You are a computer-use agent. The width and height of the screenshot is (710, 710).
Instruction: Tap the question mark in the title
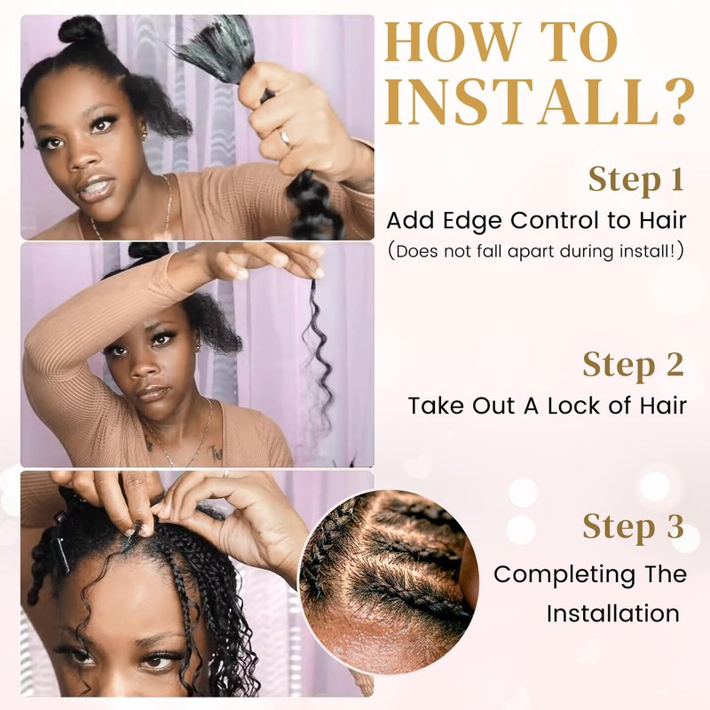[x=679, y=102]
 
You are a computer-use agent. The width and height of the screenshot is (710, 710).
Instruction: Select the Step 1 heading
[x=635, y=180]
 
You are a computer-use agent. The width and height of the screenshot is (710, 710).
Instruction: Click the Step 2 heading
[x=633, y=365]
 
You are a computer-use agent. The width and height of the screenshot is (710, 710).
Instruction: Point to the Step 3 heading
[x=633, y=526]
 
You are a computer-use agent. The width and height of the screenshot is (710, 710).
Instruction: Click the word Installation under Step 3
[x=612, y=614]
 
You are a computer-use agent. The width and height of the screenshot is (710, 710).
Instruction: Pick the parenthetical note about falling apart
[x=536, y=251]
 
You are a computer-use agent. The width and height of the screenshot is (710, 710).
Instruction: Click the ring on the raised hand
[x=285, y=138]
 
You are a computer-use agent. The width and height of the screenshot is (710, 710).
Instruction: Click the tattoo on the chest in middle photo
[x=215, y=454]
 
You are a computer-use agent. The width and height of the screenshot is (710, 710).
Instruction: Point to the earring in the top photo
[x=145, y=135]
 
